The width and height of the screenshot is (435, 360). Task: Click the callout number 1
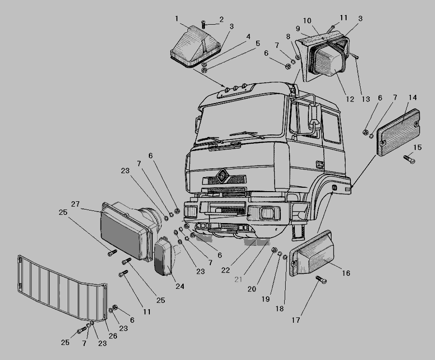[x=177, y=19]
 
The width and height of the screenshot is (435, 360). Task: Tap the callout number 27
[x=75, y=204]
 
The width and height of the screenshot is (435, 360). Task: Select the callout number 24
[x=180, y=286]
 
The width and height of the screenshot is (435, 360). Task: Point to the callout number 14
[x=413, y=98]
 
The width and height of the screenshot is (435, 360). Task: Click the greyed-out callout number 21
[x=238, y=280]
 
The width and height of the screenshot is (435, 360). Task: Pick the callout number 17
[x=296, y=320]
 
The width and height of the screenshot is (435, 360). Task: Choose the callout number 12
[x=350, y=99]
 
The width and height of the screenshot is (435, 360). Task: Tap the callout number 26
[x=113, y=336]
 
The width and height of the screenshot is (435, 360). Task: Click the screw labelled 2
[x=204, y=25]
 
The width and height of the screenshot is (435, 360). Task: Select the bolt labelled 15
[x=409, y=159]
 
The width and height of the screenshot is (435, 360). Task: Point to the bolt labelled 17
[x=321, y=280]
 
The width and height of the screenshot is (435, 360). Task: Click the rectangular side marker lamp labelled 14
[x=398, y=133]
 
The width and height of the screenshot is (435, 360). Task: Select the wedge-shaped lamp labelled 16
[x=311, y=254]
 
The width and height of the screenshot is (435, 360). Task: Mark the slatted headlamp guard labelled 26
[x=62, y=287]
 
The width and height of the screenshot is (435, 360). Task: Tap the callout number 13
[x=366, y=99]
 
